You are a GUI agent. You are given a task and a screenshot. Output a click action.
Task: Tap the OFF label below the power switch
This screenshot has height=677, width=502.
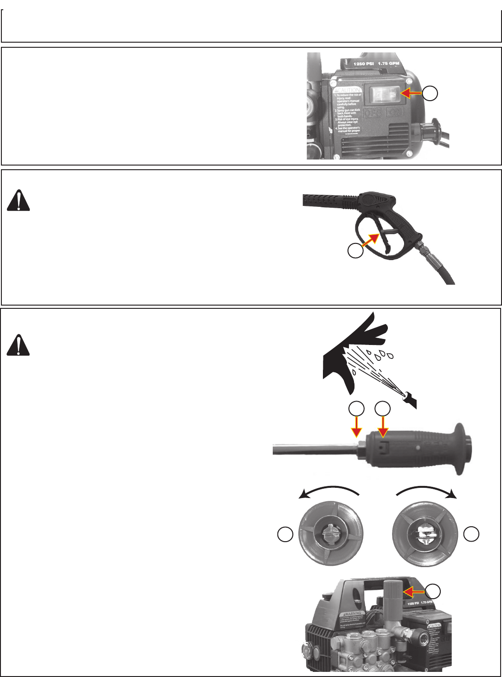point(372,113)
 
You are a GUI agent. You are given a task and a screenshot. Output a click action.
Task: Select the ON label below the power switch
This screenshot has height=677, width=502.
point(395,113)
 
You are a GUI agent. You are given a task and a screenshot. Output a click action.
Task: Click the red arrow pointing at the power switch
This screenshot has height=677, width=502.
point(411,93)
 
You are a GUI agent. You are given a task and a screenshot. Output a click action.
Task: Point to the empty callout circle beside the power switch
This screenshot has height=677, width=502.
point(430,93)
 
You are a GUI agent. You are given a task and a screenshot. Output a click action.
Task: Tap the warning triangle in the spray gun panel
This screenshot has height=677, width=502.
point(19,201)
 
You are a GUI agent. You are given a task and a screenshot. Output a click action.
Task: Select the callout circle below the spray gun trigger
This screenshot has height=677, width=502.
point(356,250)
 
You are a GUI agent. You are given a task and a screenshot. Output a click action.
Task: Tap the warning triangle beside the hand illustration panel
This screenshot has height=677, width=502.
point(19,345)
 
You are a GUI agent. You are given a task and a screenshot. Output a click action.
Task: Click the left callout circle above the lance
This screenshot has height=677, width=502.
point(356,409)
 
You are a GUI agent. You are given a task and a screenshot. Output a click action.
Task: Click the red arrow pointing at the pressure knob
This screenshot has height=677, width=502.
point(414,592)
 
